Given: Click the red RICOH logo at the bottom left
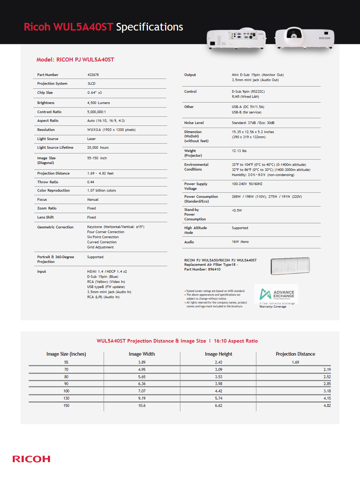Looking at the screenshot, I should coord(31,459).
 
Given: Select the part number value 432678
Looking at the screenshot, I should coord(93,75).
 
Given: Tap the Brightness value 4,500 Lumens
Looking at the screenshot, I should coord(99,103).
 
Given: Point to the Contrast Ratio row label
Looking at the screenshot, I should coord(49,112).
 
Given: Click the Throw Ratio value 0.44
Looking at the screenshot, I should coord(91,182).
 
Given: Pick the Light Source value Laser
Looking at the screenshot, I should coord(91,139).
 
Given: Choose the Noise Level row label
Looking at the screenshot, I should coord(194,123).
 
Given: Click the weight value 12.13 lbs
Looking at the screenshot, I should coord(239,151).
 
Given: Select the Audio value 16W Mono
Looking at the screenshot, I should coord(240,242).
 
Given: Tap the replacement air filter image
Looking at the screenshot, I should coord(290,266).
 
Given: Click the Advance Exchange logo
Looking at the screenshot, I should coord(276,293).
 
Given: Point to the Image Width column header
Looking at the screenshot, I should coord(142,354).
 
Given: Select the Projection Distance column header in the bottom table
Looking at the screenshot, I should coord(295,354).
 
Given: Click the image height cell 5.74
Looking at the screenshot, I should coord(219,399).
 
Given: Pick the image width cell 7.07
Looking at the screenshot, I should coord(142,391).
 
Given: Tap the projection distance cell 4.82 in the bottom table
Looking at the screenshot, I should coord(327,406).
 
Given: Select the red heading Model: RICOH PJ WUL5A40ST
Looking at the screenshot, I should coord(75,60).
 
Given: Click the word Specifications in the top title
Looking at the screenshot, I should coord(149,27).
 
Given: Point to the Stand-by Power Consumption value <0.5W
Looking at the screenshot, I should coord(237,211).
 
